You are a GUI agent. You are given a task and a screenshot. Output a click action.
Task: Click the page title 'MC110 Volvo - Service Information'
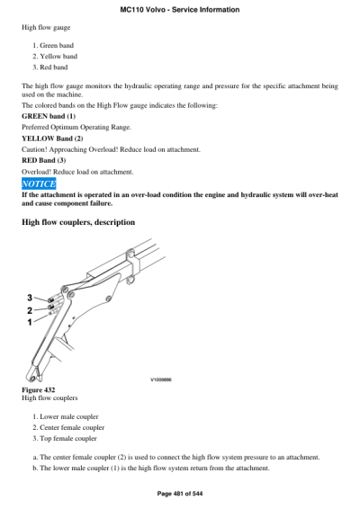(179, 9)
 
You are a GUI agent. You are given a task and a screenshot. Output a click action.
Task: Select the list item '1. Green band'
(54, 45)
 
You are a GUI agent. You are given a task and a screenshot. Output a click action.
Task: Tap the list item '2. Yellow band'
(55, 56)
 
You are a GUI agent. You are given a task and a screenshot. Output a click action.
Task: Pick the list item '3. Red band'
(50, 67)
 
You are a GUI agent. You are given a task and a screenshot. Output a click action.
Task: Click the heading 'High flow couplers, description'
(78, 221)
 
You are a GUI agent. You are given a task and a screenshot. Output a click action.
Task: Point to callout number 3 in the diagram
(29, 298)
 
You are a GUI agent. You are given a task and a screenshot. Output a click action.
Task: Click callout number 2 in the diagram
(29, 309)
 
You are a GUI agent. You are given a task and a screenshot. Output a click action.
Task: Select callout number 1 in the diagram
(29, 321)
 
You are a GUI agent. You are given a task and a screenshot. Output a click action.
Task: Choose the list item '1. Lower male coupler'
(66, 416)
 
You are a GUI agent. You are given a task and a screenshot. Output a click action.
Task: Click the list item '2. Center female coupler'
(68, 427)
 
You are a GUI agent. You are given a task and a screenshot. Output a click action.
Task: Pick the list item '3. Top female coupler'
(65, 438)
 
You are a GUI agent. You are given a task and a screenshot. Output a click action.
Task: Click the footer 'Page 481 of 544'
(180, 496)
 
